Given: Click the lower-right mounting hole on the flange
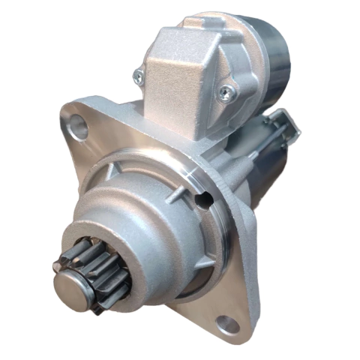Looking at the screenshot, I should (228, 324).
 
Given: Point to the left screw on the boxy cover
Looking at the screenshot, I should (138, 75).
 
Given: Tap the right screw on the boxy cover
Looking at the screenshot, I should (226, 92).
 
